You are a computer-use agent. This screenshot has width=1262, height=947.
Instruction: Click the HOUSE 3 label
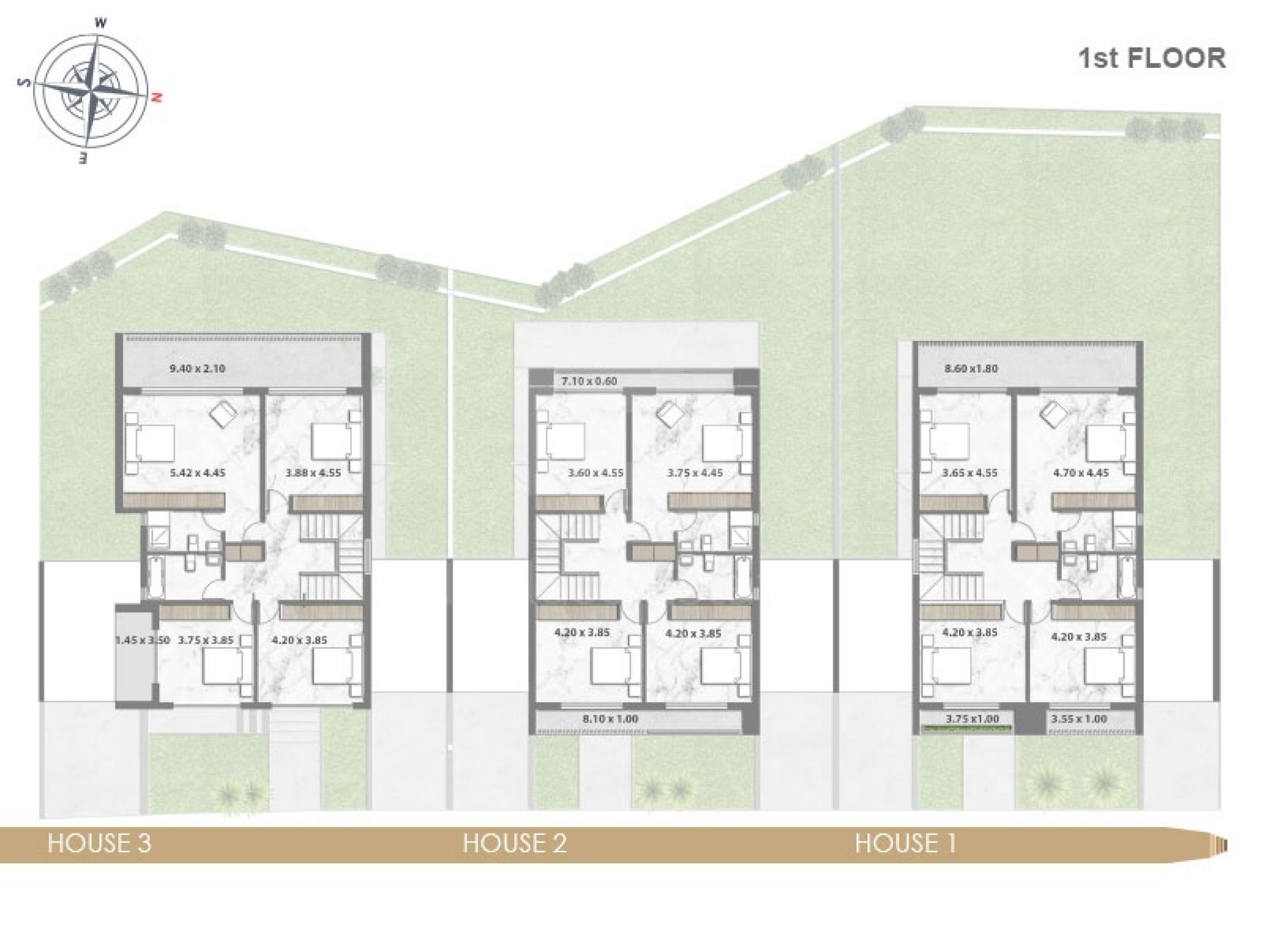99,843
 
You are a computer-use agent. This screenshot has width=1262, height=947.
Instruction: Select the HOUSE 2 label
515,843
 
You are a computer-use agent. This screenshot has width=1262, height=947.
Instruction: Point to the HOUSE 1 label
906,843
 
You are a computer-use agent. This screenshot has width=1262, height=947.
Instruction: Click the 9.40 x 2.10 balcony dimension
197,369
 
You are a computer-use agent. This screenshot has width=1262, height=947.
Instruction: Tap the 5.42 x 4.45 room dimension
197,473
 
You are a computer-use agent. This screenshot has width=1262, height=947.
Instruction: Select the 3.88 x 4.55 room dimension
313,473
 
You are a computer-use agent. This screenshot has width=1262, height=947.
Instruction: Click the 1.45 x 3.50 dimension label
142,640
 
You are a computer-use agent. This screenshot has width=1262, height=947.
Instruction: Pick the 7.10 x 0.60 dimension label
589,381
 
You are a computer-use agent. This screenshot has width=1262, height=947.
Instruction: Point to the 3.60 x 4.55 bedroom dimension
596,473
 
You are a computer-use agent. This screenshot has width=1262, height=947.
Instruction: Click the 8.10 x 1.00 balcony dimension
610,719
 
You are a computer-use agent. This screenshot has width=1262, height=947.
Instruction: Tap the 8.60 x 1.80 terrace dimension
971,369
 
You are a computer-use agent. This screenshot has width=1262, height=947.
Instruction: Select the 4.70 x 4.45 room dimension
1080,473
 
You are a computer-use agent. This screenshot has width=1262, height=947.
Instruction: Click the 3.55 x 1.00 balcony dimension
1079,719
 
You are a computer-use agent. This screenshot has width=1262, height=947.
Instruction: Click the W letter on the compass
101,23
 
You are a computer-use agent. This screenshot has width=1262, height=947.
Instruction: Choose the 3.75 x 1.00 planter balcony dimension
972,719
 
